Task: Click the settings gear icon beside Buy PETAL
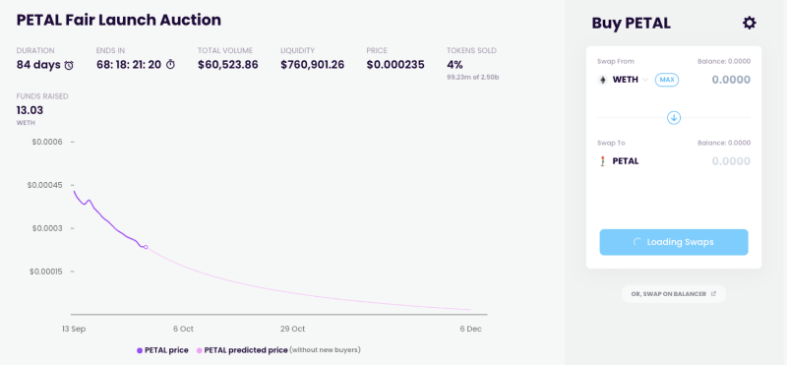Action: pyautogui.click(x=749, y=23)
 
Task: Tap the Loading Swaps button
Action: pyautogui.click(x=674, y=242)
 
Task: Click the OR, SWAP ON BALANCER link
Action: pyautogui.click(x=674, y=294)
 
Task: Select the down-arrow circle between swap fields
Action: pyautogui.click(x=674, y=118)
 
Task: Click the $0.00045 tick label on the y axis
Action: pyautogui.click(x=44, y=185)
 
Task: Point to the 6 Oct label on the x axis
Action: pyautogui.click(x=183, y=329)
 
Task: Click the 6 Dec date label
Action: pyautogui.click(x=470, y=329)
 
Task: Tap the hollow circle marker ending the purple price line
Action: pyautogui.click(x=146, y=247)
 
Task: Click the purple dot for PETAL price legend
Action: pyautogui.click(x=140, y=350)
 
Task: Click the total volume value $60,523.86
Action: pyautogui.click(x=228, y=65)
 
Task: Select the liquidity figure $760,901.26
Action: pyautogui.click(x=312, y=65)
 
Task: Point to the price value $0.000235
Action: pyautogui.click(x=395, y=65)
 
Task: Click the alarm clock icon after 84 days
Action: pyautogui.click(x=69, y=65)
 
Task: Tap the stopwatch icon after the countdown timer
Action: pyautogui.click(x=170, y=65)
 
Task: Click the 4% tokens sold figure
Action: pyautogui.click(x=454, y=65)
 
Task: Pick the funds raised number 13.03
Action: pyautogui.click(x=30, y=110)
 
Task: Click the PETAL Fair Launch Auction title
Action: pyautogui.click(x=119, y=20)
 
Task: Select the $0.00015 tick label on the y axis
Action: pyautogui.click(x=44, y=272)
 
